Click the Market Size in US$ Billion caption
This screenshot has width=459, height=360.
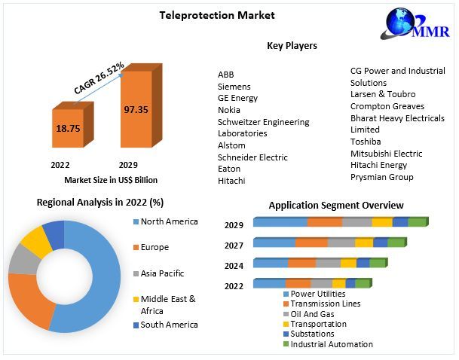tap(111, 180)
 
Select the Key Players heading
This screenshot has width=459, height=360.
tap(292, 46)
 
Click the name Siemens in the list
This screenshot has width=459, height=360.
tap(234, 87)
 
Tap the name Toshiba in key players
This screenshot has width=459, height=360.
tap(366, 142)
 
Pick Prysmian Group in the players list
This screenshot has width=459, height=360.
tap(381, 177)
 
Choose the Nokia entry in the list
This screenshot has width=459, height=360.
tap(229, 110)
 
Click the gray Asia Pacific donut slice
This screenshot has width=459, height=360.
tap(21, 260)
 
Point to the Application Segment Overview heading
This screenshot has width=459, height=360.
tap(336, 206)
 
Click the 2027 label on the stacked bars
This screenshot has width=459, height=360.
tap(234, 245)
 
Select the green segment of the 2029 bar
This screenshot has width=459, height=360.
tap(417, 222)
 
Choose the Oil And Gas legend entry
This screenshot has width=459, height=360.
tap(312, 314)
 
